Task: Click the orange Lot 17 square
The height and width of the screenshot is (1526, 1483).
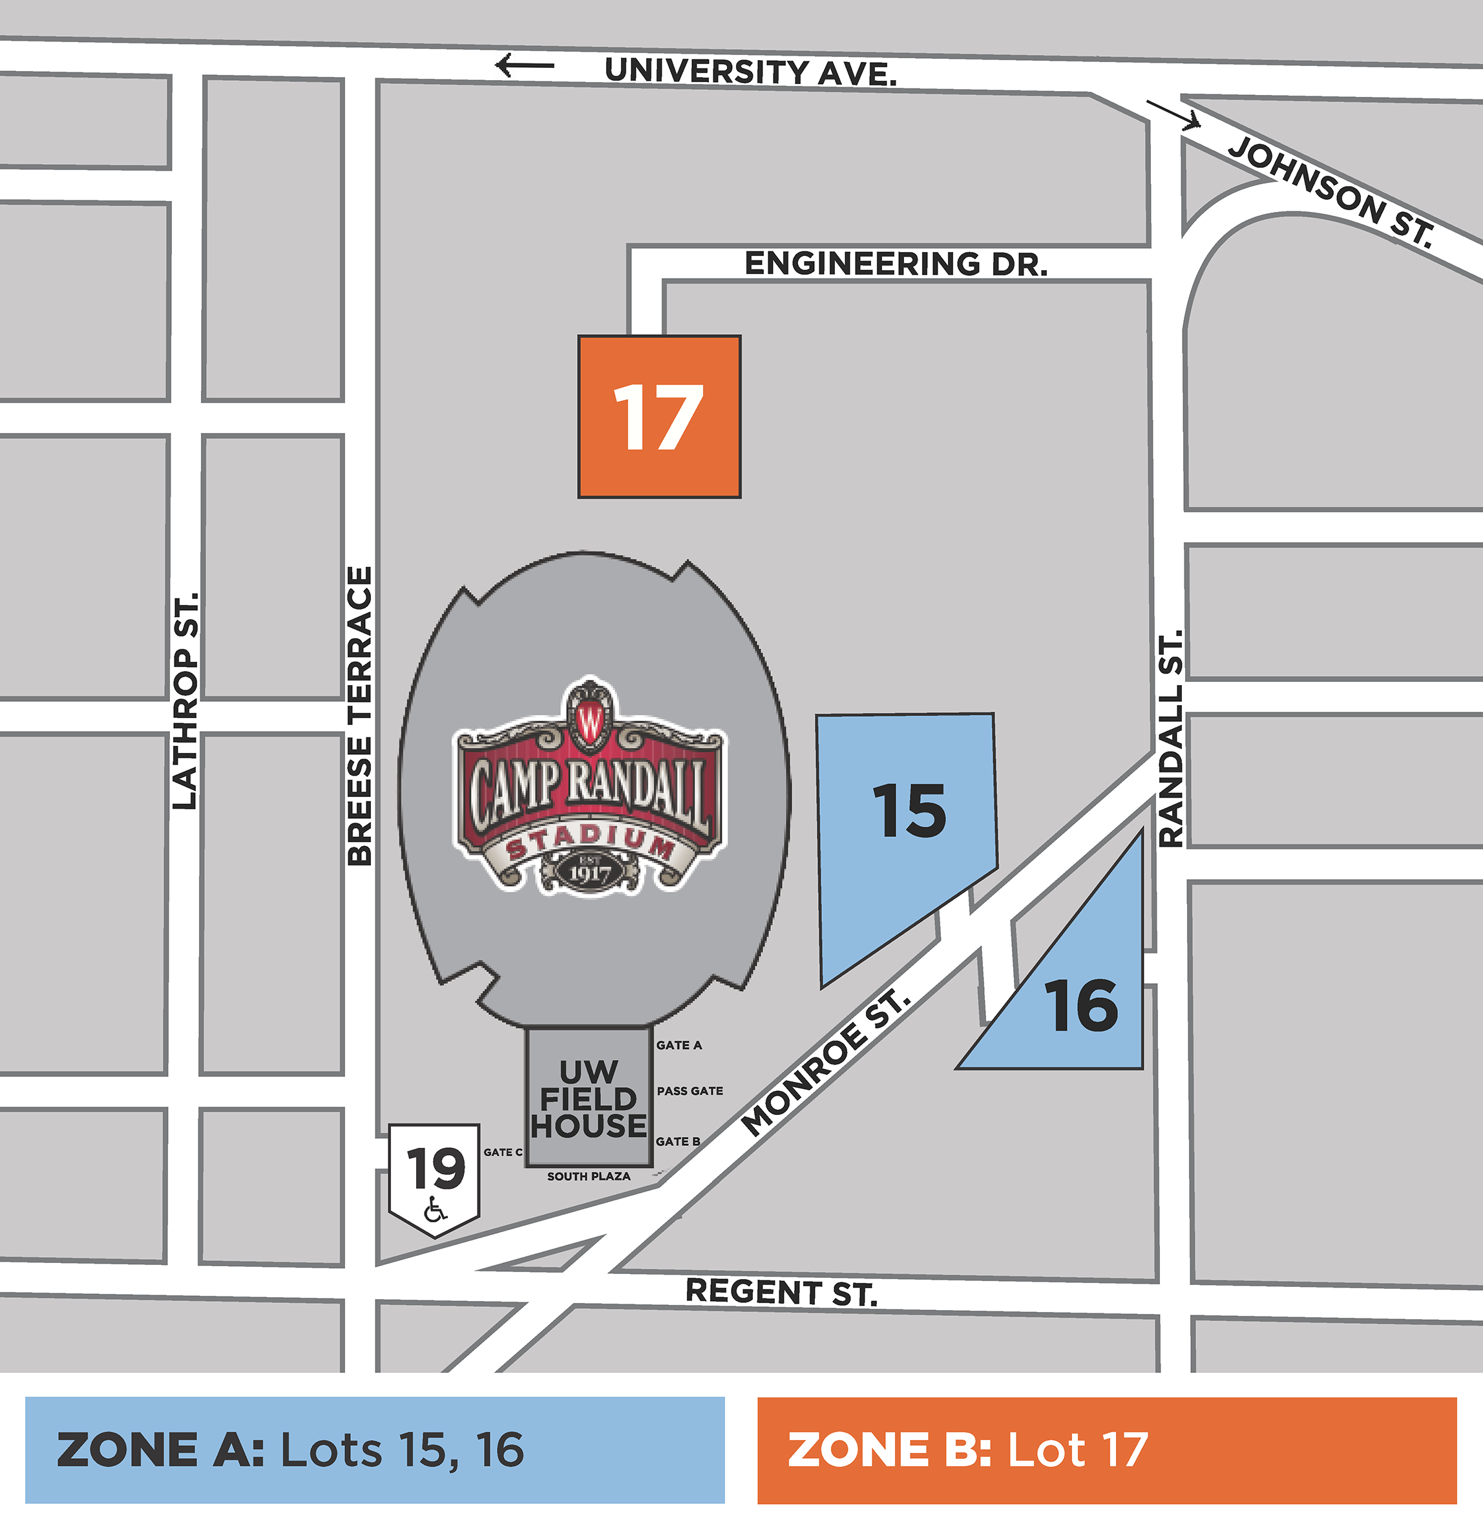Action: [x=659, y=418]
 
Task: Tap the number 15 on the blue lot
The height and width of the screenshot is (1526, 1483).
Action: [x=909, y=811]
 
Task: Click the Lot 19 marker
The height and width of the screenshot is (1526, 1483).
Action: [x=435, y=1168]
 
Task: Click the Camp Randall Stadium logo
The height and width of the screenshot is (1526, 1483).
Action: [x=589, y=787]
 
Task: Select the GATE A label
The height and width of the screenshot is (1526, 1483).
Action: [x=679, y=1045]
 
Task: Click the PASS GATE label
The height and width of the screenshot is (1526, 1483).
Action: [x=690, y=1091]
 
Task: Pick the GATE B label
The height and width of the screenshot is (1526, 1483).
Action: [x=678, y=1141]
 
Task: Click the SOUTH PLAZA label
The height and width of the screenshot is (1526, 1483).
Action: [x=589, y=1176]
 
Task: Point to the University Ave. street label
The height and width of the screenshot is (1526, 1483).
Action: [x=751, y=72]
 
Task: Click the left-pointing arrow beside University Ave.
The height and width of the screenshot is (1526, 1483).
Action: [x=525, y=65]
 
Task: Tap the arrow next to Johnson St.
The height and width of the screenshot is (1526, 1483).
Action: [x=1173, y=114]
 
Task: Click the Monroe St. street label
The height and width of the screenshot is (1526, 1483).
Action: [x=826, y=1064]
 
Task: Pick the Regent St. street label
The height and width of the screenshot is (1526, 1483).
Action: [x=781, y=1292]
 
